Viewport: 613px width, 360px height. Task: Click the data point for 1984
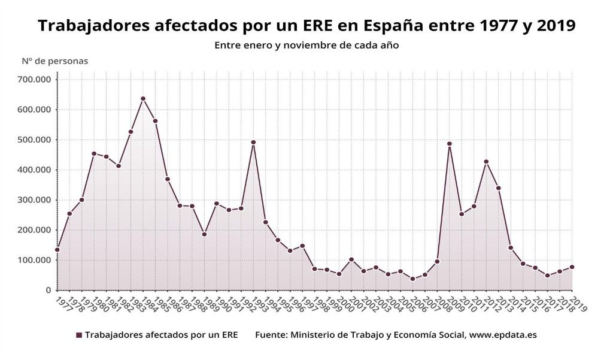[143, 98]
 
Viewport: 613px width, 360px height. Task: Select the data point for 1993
[253, 142]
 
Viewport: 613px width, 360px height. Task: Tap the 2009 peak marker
[450, 144]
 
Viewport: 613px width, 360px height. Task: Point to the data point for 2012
[486, 161]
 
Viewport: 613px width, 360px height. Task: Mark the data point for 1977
[57, 249]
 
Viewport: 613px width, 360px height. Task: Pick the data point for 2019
[572, 267]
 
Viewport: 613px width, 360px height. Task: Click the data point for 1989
[204, 234]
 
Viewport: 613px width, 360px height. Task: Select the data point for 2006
[412, 279]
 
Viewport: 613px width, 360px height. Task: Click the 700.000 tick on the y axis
[36, 80]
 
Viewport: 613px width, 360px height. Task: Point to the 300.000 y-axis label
[36, 200]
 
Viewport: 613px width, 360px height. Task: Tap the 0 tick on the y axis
[48, 291]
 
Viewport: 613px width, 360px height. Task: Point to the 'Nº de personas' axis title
[55, 60]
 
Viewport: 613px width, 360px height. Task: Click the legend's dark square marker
[78, 335]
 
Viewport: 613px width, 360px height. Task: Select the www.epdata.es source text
[503, 335]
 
